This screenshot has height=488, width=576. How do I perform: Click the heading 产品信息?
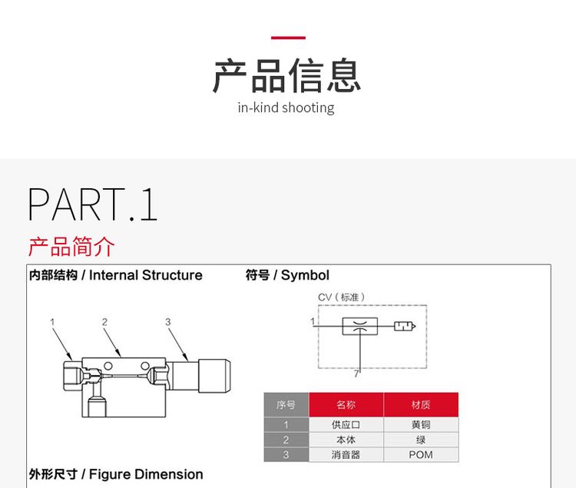tap(286, 75)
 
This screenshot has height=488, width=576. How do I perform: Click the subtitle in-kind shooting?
tap(286, 108)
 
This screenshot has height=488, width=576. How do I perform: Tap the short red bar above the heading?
tap(289, 37)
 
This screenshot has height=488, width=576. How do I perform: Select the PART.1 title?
tap(92, 204)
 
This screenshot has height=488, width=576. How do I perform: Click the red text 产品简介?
tap(71, 247)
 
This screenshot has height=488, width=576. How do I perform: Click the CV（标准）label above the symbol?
tap(342, 297)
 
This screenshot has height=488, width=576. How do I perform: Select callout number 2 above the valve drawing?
tap(104, 322)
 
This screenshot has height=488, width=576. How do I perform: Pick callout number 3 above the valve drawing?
tap(167, 322)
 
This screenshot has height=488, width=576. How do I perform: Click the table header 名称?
tap(346, 405)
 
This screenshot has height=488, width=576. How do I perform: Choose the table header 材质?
tap(420, 405)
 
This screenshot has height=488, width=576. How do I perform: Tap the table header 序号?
tap(286, 405)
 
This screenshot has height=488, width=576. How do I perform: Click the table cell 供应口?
tap(346, 425)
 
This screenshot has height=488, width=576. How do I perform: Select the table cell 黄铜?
tap(420, 425)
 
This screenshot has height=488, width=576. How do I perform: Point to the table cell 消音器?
tap(346, 455)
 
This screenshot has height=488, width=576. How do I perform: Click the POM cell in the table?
tap(420, 455)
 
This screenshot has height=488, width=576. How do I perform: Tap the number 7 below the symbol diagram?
tap(356, 374)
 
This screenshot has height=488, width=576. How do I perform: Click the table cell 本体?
tap(346, 440)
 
